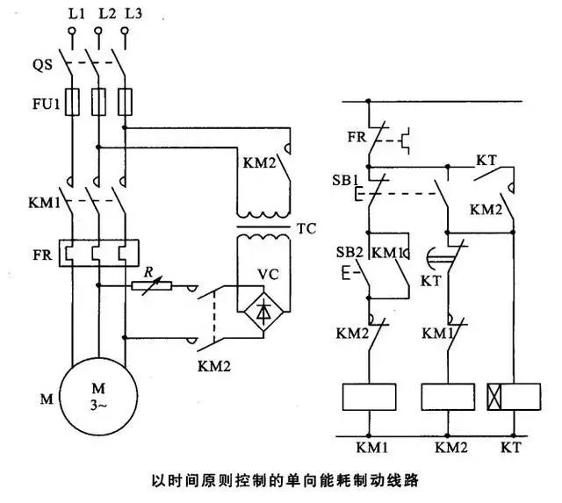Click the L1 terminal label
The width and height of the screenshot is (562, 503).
click(76, 14)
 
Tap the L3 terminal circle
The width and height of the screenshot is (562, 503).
click(125, 31)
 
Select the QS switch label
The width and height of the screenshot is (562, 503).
click(42, 65)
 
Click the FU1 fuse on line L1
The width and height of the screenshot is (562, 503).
click(72, 102)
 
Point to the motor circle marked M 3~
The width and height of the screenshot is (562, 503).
click(98, 396)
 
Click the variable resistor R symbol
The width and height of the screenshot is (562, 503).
click(152, 285)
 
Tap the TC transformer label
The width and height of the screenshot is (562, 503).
click(306, 228)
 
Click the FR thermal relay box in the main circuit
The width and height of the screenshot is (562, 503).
click(99, 254)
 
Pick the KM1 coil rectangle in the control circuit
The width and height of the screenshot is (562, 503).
click(369, 397)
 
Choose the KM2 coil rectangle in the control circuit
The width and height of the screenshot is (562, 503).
click(448, 397)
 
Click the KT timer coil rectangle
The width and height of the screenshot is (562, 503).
click(514, 397)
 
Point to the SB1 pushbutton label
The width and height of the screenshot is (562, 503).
click(345, 180)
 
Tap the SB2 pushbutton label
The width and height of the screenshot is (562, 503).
click(349, 253)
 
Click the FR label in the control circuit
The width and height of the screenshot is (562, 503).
click(357, 137)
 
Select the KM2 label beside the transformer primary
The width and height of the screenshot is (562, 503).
click(260, 163)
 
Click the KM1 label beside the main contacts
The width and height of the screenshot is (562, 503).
click(45, 203)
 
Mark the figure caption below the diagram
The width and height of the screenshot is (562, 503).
click(285, 480)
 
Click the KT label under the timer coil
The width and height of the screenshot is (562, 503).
click(511, 448)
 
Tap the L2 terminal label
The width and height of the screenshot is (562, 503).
click(107, 14)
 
